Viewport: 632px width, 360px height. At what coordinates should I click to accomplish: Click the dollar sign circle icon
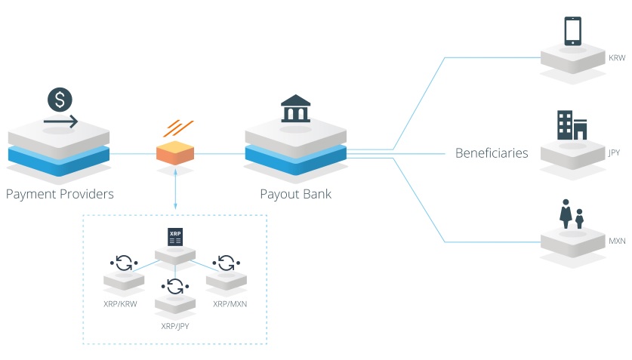pos(60,100)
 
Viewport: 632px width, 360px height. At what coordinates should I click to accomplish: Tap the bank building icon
pos(295,109)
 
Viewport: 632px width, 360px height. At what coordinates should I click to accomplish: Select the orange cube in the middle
pos(175,152)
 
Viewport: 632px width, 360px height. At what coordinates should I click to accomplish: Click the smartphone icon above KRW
pos(573,31)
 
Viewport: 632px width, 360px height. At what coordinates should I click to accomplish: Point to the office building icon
pos(572,125)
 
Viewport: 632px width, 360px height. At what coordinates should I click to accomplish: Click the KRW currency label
pos(617,58)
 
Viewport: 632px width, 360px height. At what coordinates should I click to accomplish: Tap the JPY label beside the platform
pos(614,152)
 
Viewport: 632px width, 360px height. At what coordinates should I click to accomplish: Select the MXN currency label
pos(617,242)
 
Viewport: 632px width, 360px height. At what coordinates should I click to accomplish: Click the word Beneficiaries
pos(492,153)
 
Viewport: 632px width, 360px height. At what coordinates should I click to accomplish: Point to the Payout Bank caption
pos(296,194)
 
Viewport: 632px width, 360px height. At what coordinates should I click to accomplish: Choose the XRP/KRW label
pos(120,304)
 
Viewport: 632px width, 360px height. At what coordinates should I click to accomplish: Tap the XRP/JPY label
pos(175,326)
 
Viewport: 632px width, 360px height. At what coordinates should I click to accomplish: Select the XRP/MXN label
pos(230,304)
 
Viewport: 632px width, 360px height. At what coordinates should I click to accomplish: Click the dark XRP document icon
pos(175,237)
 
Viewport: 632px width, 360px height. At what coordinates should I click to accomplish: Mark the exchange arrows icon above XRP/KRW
pos(124,263)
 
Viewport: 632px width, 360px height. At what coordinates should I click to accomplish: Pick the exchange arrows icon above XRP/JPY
pos(175,286)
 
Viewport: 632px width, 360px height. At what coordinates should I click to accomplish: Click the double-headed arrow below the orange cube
pos(175,189)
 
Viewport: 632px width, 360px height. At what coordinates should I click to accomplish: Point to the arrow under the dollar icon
pos(61,121)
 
